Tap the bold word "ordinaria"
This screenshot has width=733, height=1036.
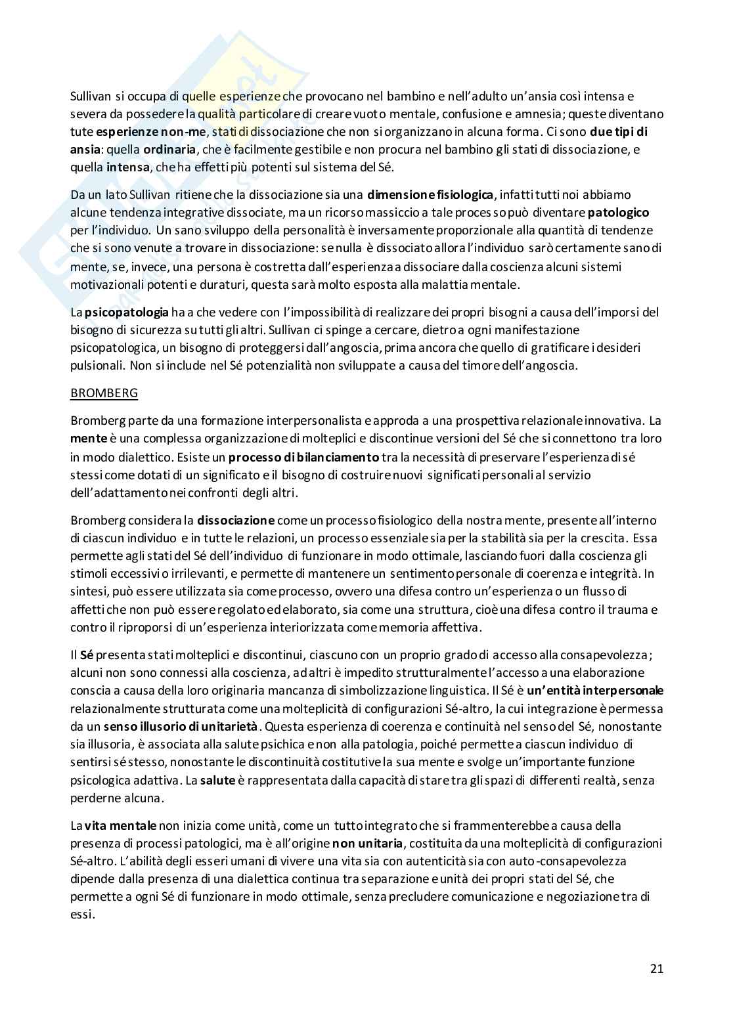tap(169, 149)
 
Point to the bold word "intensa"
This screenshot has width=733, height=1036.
tap(128, 167)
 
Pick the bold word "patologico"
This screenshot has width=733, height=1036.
tap(618, 212)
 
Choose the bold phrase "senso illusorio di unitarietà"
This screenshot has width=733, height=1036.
tap(183, 727)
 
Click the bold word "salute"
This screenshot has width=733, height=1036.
tap(217, 781)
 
